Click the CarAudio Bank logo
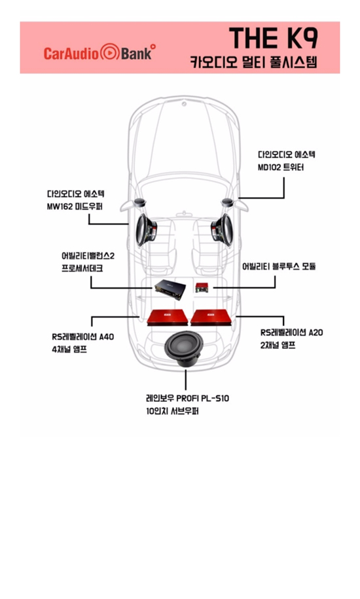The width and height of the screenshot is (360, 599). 99,52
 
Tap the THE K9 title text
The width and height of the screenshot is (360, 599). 274,38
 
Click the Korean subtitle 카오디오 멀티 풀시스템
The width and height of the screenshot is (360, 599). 253,62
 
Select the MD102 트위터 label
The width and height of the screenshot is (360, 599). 281,168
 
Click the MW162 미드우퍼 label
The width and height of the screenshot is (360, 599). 75,207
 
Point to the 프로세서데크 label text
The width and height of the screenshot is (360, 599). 82,268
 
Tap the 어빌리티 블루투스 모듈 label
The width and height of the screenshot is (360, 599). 279,266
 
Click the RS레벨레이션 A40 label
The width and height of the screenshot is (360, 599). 83,336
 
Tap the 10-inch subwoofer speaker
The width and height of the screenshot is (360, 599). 183,348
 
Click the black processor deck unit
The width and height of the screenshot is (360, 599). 170,289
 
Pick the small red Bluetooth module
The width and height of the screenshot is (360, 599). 202,287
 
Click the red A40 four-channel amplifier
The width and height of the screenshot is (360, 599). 168,318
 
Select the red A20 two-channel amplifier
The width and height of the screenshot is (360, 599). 211,318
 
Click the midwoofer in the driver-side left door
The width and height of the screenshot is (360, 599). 147,230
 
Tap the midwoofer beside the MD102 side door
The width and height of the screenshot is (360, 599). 222,230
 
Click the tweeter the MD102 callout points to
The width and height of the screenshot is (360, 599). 228,203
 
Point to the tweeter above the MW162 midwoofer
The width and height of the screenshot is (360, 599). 139,203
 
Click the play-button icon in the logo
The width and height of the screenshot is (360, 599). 109,52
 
